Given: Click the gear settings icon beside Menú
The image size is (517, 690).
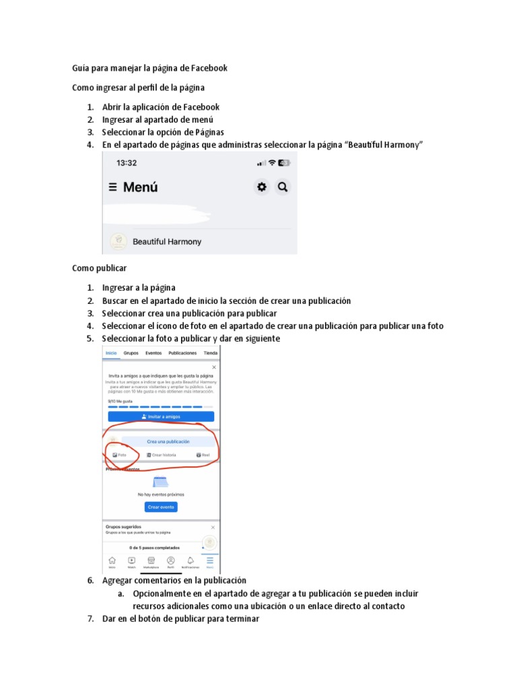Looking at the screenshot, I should (261, 187).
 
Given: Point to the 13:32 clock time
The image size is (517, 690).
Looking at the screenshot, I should (127, 163).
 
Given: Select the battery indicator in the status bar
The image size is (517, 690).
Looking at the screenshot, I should (285, 163).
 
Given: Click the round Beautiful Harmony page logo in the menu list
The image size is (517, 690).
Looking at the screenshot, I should (118, 241).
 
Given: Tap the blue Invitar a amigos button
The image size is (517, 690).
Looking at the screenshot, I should (160, 416).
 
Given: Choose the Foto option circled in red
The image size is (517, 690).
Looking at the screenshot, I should (119, 455).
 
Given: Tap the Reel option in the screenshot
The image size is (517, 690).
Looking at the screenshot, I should (203, 455).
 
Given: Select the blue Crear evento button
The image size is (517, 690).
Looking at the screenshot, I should (161, 507).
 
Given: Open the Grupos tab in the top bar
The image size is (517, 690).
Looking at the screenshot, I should (131, 352).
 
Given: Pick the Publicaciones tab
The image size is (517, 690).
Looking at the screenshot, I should (182, 352).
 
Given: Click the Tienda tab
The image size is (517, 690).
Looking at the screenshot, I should (211, 352).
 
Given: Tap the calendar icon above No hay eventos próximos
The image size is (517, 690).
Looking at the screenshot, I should (160, 482).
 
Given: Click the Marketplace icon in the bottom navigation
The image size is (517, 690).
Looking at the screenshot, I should (151, 561).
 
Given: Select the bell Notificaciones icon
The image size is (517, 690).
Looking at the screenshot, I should (191, 561).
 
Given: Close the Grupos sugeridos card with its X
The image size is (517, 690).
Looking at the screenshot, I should (213, 527).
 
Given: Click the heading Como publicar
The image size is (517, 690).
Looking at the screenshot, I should (100, 268).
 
